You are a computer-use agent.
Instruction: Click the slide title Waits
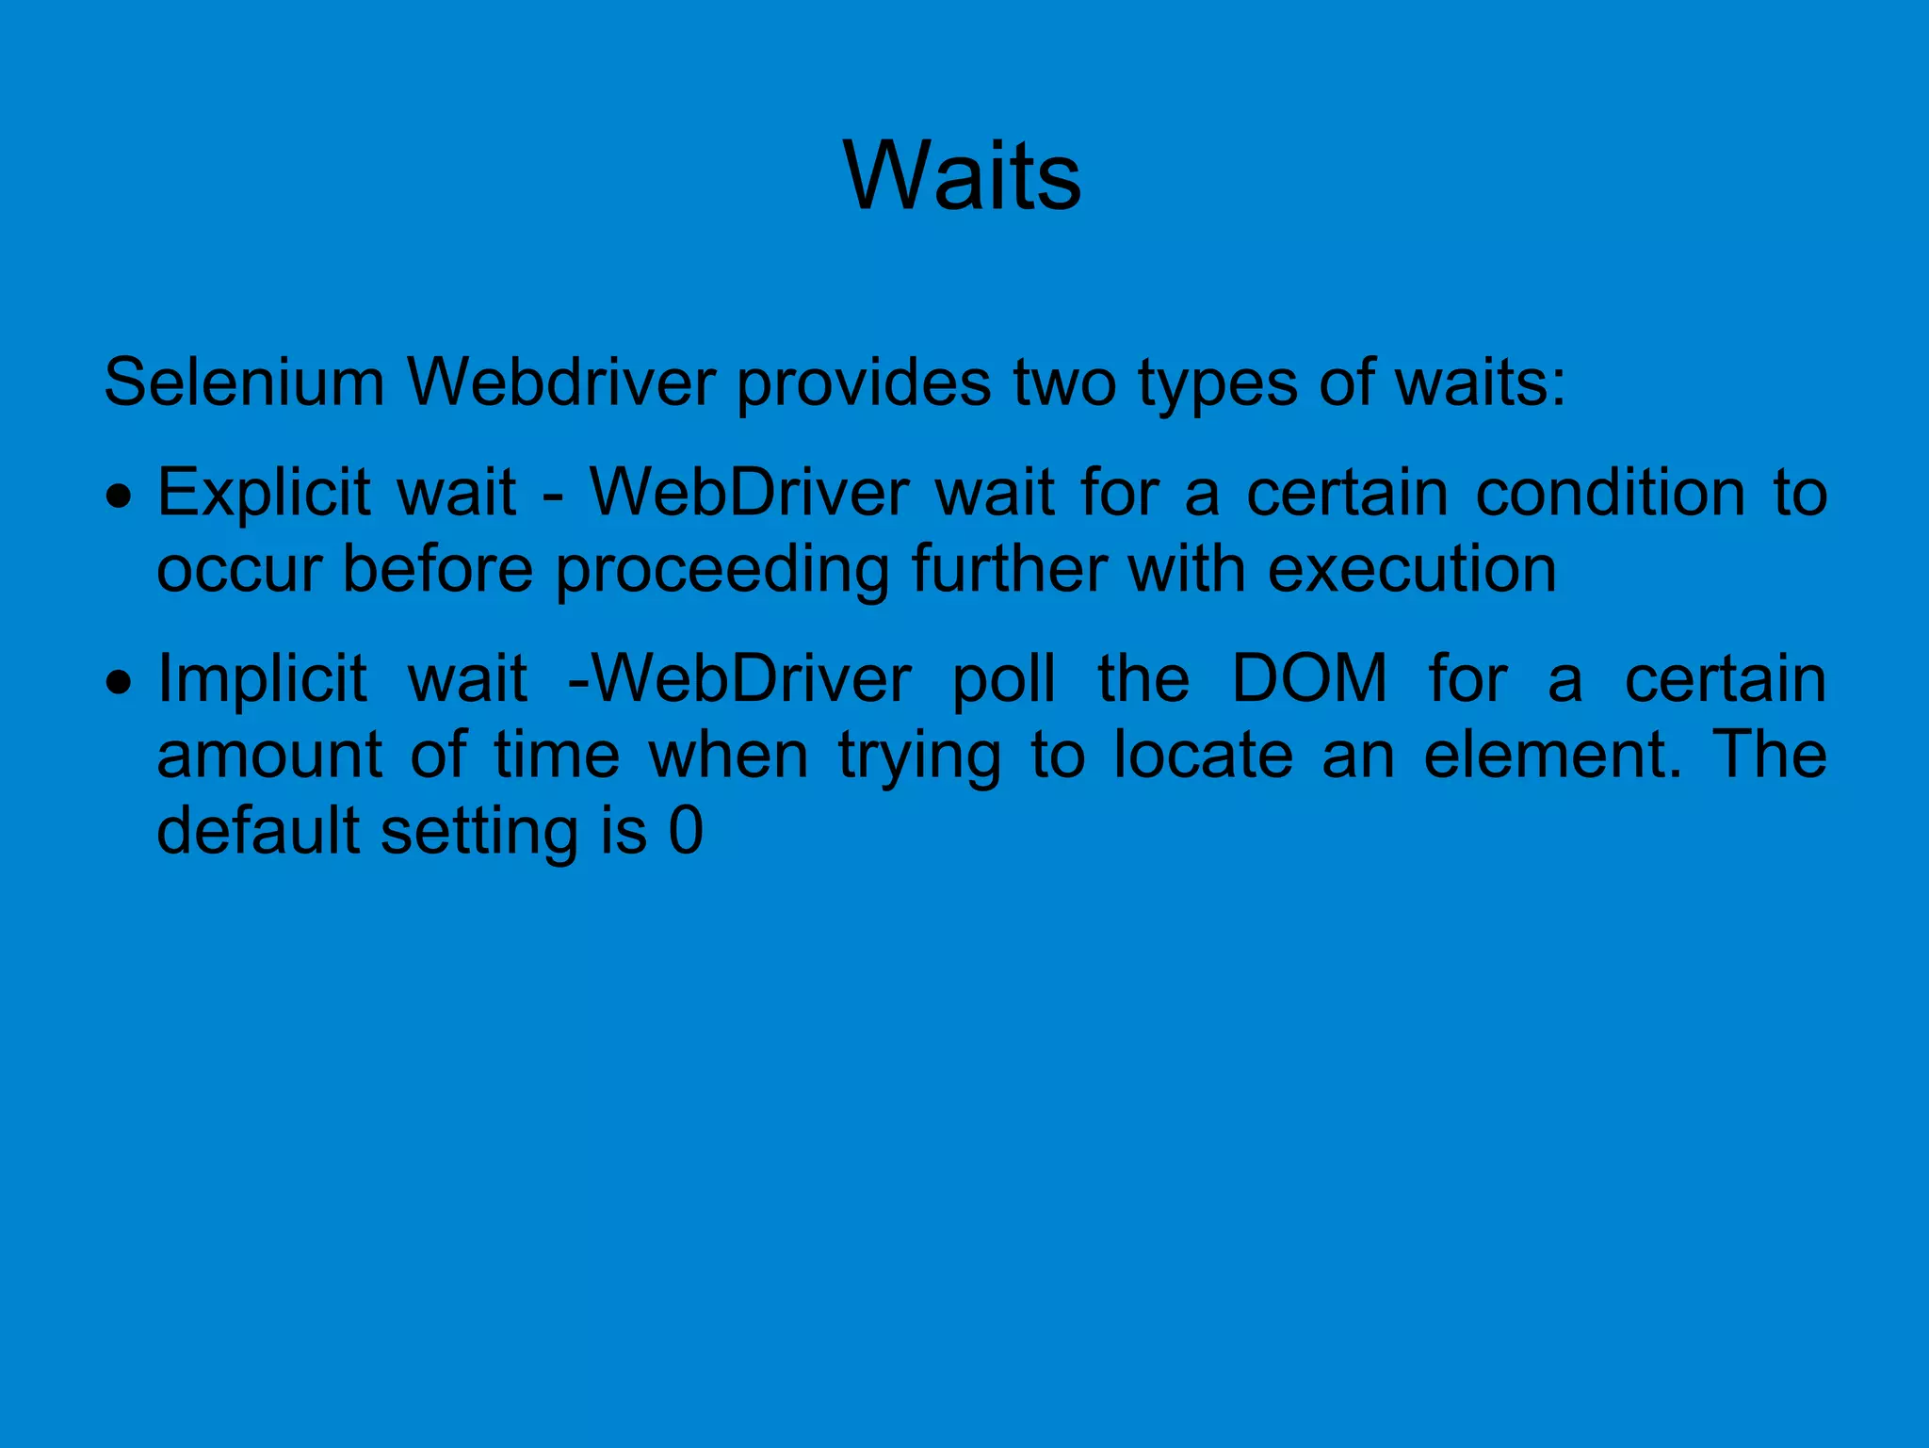coord(963,176)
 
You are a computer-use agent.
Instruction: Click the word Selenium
coord(244,383)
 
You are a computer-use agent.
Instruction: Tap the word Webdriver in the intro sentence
coord(561,383)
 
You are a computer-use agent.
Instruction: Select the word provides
coord(863,383)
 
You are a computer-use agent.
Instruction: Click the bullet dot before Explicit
coord(119,496)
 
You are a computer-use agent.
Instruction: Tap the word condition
coord(1610,494)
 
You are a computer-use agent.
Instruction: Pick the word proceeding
coord(721,571)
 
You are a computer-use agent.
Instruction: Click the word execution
coord(1412,571)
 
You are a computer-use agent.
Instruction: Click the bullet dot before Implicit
coord(119,681)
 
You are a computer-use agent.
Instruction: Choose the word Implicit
coord(262,679)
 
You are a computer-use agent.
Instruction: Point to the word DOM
coord(1309,679)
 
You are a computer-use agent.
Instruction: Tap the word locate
coord(1203,756)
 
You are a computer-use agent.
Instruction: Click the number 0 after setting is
coord(686,831)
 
